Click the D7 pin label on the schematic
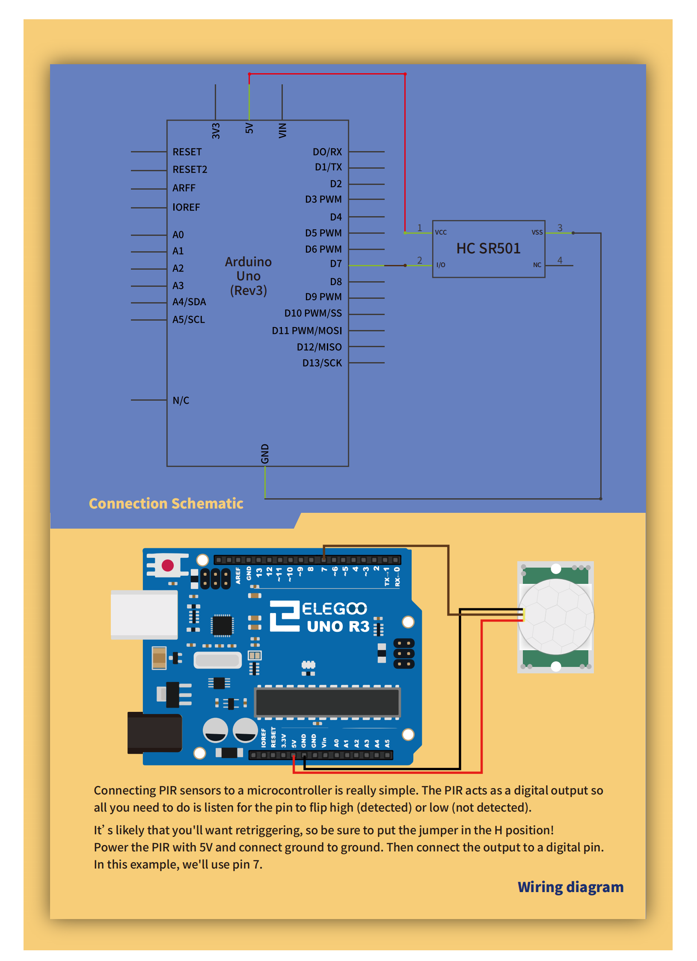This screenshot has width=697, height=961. (x=335, y=264)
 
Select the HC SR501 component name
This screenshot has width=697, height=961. (x=488, y=248)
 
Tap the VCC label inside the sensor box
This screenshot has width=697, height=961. (x=441, y=232)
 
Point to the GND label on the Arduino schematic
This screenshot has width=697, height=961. (x=265, y=453)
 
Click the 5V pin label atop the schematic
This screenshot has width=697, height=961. (x=249, y=128)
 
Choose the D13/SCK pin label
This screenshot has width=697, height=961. (x=322, y=363)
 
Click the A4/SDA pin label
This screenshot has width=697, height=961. (x=189, y=302)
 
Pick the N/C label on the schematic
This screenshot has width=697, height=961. (x=181, y=400)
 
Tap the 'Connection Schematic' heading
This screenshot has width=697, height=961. (x=166, y=503)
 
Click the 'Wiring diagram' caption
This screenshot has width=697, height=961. (x=570, y=887)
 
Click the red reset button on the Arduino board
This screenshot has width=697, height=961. (x=168, y=565)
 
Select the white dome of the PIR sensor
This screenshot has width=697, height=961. (x=556, y=616)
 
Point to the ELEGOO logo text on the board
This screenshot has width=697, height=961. (x=334, y=608)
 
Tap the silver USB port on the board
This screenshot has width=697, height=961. (x=144, y=615)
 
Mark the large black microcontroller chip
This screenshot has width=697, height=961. (x=327, y=702)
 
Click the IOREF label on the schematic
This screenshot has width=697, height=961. (x=186, y=207)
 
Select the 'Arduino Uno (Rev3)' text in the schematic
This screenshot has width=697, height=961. (x=248, y=276)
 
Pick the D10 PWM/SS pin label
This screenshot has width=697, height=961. (x=313, y=313)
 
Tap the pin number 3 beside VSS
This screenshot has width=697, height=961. (x=560, y=228)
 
